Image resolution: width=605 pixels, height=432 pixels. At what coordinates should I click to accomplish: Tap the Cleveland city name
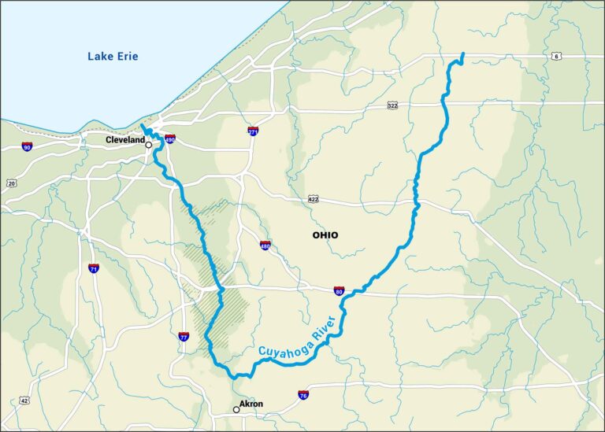(126, 139)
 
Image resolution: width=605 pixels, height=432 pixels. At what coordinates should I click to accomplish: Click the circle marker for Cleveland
(148, 145)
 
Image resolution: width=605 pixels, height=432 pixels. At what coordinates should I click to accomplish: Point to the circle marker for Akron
(236, 409)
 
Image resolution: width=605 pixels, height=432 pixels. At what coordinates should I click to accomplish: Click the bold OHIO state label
(325, 235)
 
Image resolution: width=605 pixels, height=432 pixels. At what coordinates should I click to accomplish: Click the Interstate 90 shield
(27, 147)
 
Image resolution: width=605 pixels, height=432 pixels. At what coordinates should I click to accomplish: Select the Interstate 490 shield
(169, 139)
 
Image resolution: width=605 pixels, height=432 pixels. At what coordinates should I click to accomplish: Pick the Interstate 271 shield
(253, 131)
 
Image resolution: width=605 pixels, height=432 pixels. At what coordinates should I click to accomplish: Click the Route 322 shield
(392, 105)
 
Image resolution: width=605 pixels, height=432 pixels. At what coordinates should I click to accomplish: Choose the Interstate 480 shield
(265, 246)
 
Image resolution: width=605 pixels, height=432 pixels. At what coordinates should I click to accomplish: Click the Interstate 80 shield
(338, 291)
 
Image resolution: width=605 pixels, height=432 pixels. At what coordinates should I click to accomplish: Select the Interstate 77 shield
(184, 336)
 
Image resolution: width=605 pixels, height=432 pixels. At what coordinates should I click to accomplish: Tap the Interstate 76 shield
(303, 394)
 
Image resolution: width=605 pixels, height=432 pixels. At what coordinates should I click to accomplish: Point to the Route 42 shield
(24, 401)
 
